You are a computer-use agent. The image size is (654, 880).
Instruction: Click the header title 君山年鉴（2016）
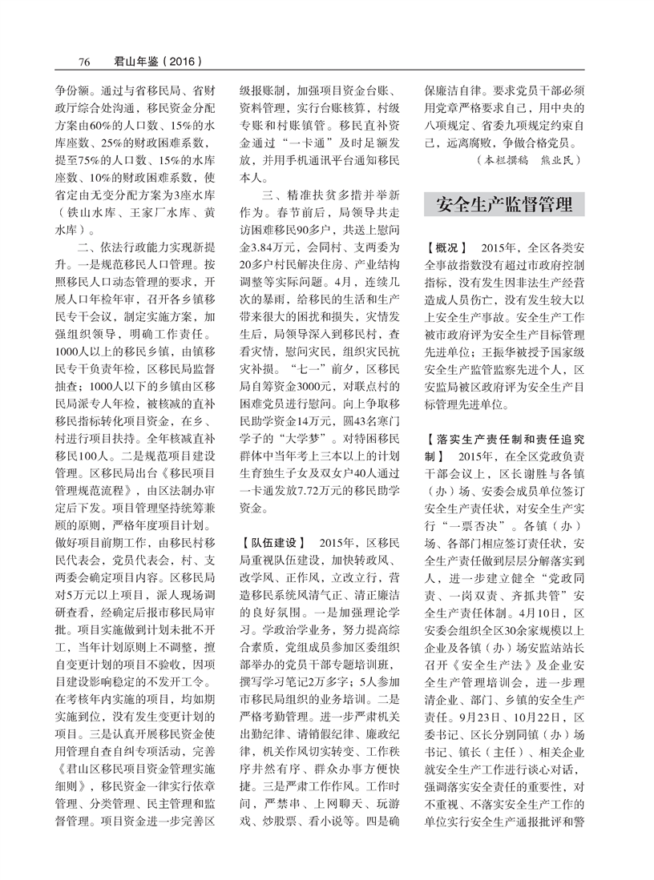[x=150, y=61]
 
